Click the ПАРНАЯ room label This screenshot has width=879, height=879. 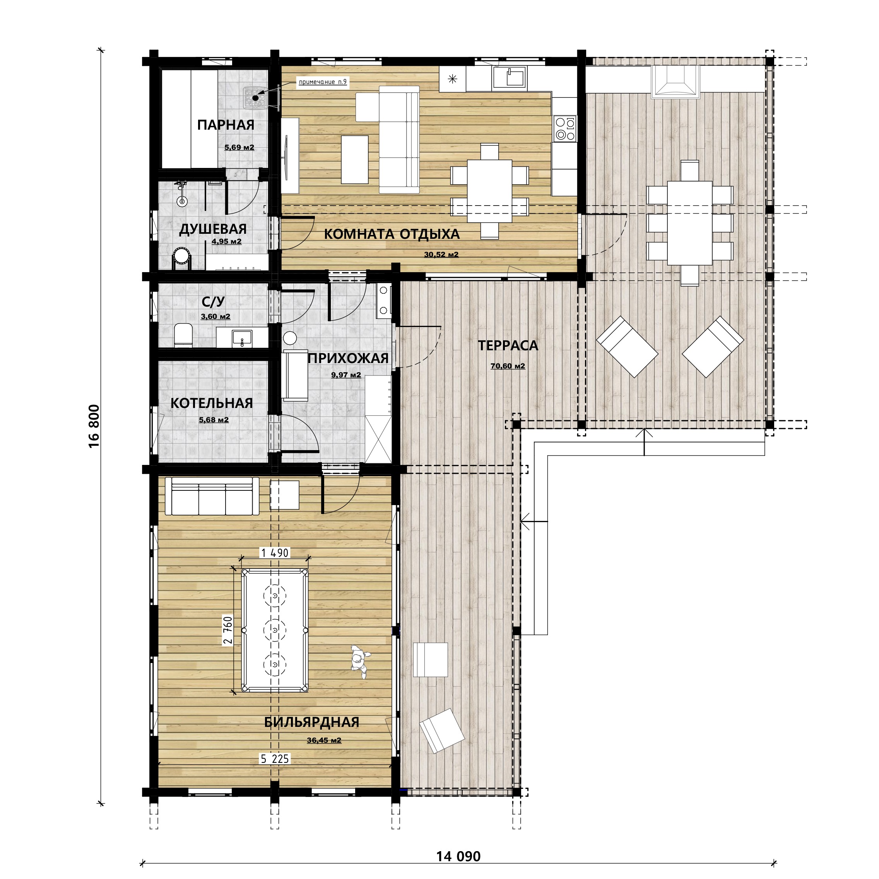pos(226,125)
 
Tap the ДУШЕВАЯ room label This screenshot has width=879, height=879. pos(213,229)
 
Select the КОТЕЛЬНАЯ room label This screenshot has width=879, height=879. pos(212,403)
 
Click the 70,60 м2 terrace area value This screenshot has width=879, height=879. pos(508,366)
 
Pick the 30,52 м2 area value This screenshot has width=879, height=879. pos(441,254)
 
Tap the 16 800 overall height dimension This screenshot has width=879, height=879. pos(94,426)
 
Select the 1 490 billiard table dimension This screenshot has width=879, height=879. pos(274,553)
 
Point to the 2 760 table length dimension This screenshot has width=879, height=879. pos(227,630)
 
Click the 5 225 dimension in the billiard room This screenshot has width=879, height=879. pos(274,759)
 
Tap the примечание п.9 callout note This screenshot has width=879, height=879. pos(323,82)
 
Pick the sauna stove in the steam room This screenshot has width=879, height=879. pos(255,98)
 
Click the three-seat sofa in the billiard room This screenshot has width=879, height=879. pos(212,496)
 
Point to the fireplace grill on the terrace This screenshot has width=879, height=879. pos(675,82)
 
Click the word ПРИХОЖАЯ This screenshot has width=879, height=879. pos(348,358)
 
